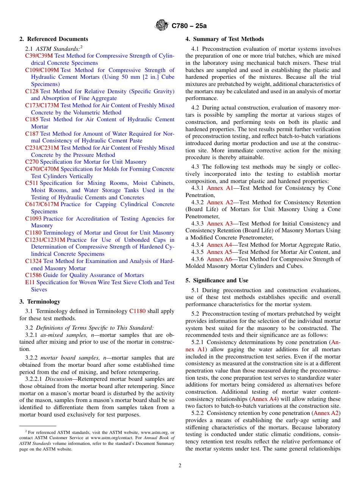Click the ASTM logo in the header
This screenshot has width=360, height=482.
(162, 26)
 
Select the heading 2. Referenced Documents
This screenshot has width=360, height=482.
(54, 39)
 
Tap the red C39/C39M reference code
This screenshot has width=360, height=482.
(39, 56)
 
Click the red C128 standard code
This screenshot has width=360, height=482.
(32, 91)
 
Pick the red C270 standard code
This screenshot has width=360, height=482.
(32, 162)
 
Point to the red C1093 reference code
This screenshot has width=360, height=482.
(33, 219)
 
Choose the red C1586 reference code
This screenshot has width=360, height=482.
(33, 275)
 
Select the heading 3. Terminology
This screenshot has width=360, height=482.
(40, 302)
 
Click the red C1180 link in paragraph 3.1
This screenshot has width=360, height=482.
(137, 311)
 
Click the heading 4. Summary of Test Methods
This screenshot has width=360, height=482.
(225, 39)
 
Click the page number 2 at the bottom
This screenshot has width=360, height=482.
(180, 466)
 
